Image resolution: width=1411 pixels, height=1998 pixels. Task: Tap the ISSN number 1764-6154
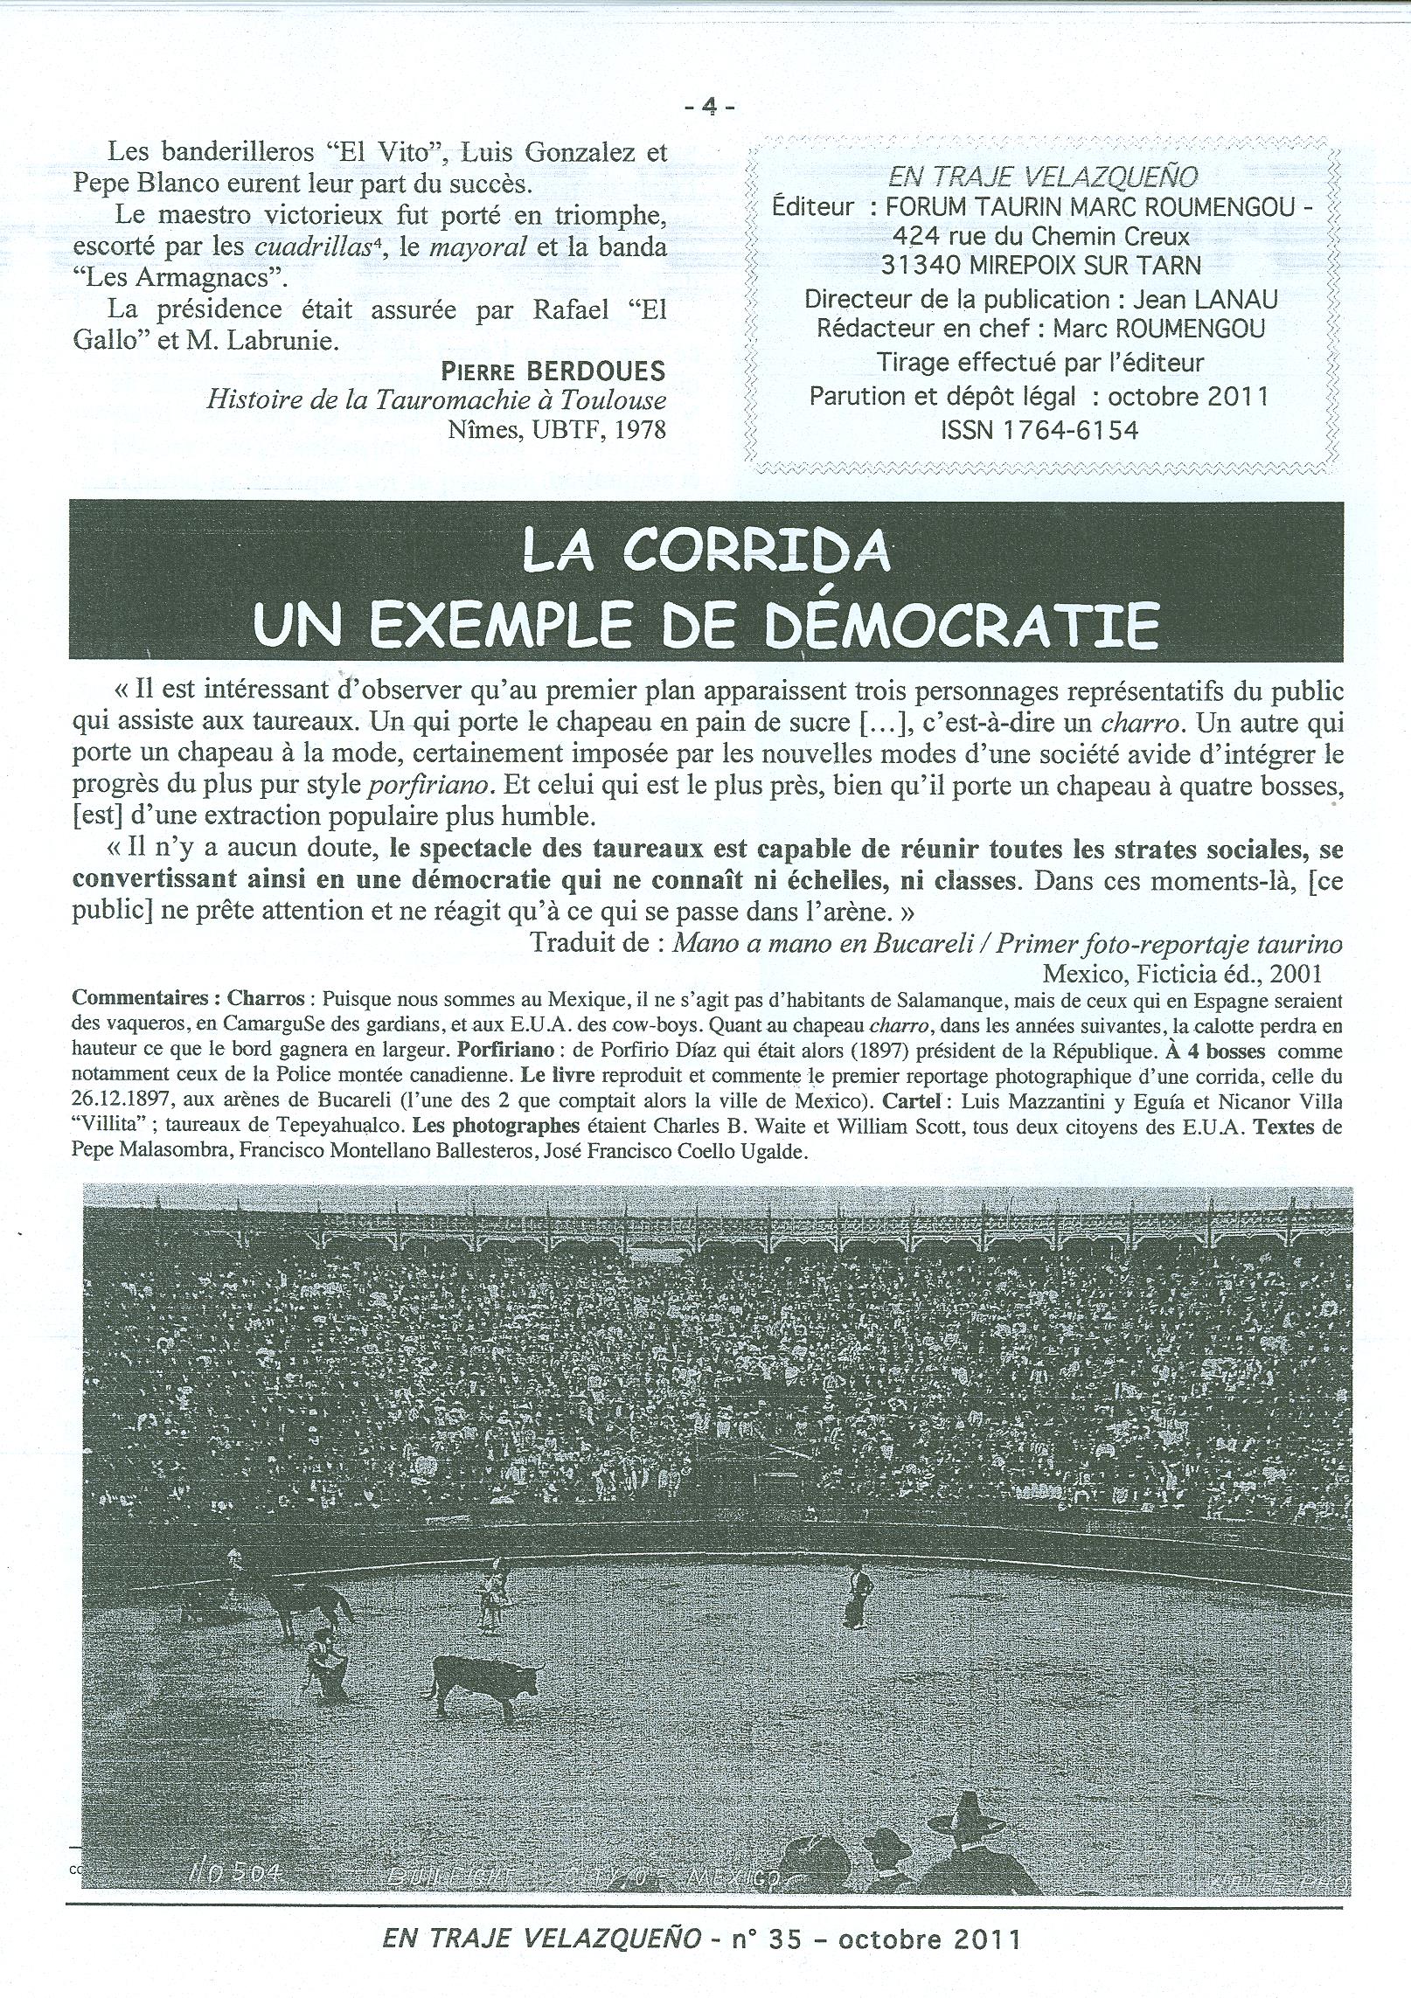tap(1039, 429)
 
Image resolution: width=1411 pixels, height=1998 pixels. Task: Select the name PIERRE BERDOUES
tap(553, 371)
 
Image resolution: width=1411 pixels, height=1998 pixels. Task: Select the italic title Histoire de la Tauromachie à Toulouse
tap(435, 399)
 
